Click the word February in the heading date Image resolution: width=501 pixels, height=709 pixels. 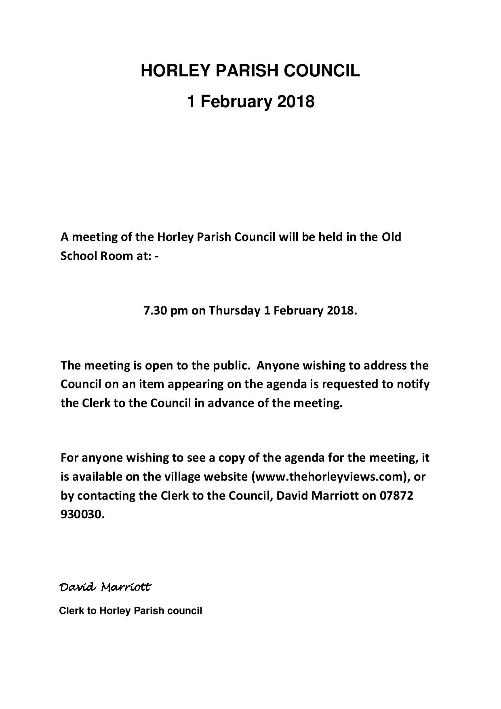point(235,101)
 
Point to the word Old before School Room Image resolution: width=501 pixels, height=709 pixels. point(391,236)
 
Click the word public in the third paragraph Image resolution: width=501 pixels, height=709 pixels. point(229,365)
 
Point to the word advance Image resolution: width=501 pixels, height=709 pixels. point(230,403)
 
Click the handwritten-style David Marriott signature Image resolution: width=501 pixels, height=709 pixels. point(105,587)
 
